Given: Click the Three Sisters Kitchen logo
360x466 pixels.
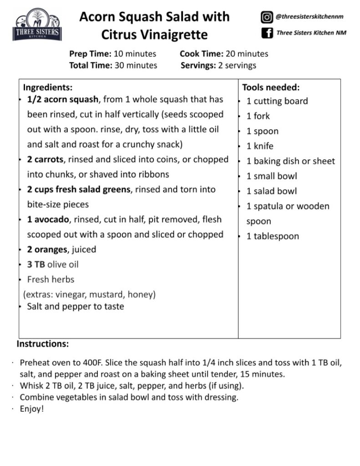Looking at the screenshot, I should [37, 25].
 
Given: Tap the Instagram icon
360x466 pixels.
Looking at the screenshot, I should [267, 18].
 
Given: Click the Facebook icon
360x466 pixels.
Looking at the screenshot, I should [267, 33].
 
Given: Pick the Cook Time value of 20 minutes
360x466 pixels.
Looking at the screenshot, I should [247, 54].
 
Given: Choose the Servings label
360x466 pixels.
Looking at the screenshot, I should [198, 65].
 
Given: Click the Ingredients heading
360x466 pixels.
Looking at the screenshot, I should [47, 87].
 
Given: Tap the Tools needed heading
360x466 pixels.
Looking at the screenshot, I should [271, 87].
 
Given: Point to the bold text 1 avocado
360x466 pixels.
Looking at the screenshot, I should [48, 219].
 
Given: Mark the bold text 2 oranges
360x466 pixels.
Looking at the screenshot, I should [48, 249].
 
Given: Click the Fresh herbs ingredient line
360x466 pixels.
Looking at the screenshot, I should [51, 279].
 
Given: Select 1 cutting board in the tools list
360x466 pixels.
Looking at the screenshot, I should [277, 101].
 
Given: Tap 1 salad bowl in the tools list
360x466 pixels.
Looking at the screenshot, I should [272, 191].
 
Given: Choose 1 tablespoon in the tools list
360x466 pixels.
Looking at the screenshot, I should [273, 236].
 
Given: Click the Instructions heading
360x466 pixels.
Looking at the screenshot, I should [43, 344].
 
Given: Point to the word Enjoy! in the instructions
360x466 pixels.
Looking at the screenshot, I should [32, 409].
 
